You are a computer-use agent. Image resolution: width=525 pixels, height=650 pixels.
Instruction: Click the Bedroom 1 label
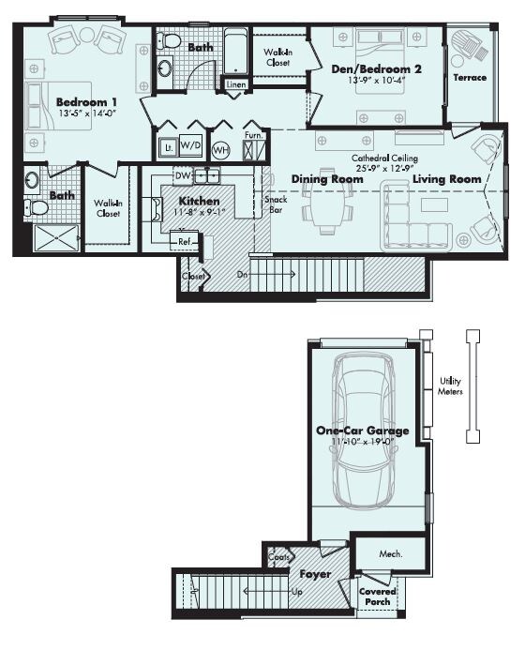[x=86, y=102]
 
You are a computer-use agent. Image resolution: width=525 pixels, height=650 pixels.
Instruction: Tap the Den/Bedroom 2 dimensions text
[x=376, y=81]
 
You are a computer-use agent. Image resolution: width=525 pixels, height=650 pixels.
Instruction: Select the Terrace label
[x=470, y=78]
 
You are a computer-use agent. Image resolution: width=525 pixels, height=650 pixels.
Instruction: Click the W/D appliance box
[x=191, y=145]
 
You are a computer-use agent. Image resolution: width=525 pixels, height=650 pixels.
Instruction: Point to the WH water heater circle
[x=221, y=150]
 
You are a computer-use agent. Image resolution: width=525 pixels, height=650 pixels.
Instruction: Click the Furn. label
[x=253, y=136]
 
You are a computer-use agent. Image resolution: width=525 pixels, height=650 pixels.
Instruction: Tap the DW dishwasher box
[x=183, y=175]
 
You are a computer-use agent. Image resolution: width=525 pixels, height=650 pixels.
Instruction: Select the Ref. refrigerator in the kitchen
[x=185, y=242]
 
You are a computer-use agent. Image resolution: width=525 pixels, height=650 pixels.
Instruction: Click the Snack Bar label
[x=276, y=204]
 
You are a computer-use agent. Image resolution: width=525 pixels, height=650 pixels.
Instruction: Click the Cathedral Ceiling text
[x=384, y=158]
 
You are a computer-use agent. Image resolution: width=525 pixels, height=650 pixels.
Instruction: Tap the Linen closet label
[x=236, y=84]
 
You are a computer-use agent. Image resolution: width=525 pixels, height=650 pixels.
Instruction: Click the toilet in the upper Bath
[x=169, y=41]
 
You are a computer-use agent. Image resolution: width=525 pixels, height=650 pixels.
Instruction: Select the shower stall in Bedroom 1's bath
[x=56, y=237]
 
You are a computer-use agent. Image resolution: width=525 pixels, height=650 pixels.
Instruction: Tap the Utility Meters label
[x=450, y=385]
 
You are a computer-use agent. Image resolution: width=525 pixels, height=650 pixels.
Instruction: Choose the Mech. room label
[x=391, y=553]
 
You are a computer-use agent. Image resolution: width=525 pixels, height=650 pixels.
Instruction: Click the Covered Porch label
[x=378, y=597]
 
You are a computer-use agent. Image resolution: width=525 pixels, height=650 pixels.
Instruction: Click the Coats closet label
[x=278, y=557]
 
